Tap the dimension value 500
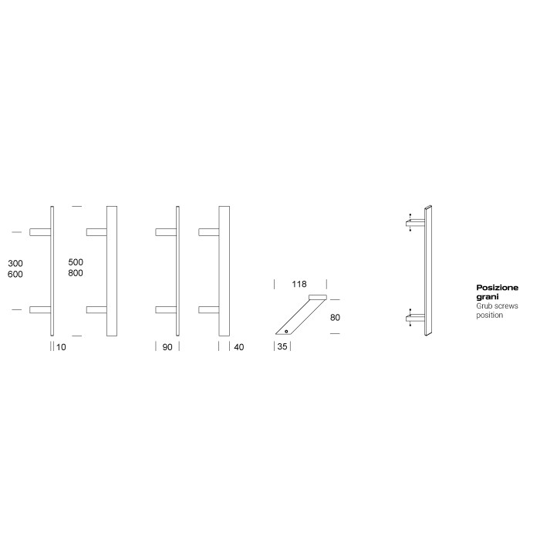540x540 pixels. coord(76,262)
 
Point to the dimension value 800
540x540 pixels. coord(76,273)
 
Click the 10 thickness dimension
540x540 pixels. coord(62,347)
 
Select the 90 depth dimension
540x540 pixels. coord(167,347)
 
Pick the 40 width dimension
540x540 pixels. coord(238,347)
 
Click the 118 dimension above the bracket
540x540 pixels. coord(298,284)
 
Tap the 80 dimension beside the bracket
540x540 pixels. coord(334,316)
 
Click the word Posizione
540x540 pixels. coord(497,288)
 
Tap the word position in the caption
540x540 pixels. coord(489,316)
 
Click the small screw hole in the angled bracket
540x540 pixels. coord(285,330)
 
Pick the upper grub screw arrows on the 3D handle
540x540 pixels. coord(410,221)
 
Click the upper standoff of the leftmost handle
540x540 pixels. coord(39,231)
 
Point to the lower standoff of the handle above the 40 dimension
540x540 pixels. coord(209,310)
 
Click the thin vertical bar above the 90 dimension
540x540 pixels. coord(178,271)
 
